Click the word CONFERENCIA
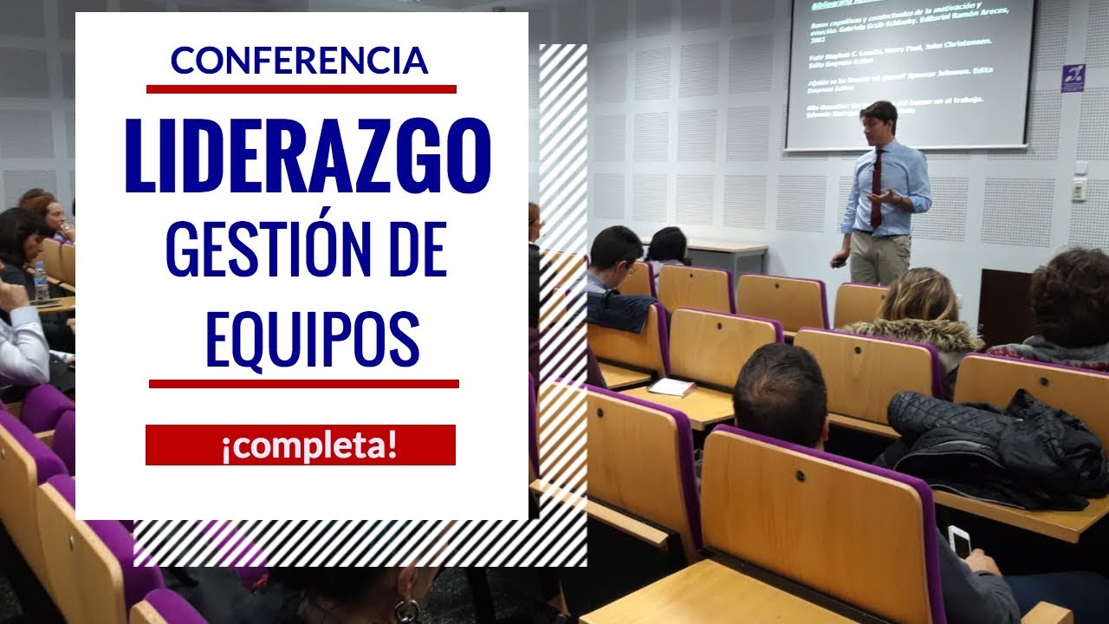click(x=300, y=60)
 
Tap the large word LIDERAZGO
click(x=308, y=157)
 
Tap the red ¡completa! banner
click(x=300, y=445)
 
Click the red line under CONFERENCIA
click(x=301, y=88)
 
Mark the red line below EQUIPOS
click(x=303, y=383)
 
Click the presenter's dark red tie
click(x=877, y=186)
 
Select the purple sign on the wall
click(x=1073, y=78)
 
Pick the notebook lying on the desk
click(x=671, y=387)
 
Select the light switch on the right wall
click(x=1079, y=188)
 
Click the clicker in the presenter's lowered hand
click(x=835, y=261)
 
